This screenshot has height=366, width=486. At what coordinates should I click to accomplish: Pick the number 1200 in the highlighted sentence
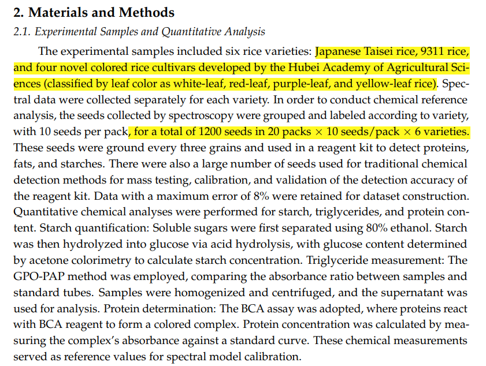[212, 132]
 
